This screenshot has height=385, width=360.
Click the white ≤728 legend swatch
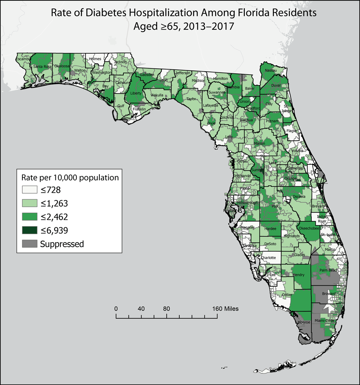coord(30,190)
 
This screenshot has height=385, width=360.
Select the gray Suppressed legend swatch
coord(30,244)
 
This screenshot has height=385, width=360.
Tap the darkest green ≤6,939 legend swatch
coord(30,230)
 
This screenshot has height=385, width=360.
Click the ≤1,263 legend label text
coord(54,203)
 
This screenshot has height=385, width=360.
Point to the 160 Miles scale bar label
coord(225,308)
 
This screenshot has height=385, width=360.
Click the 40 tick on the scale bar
coord(141,308)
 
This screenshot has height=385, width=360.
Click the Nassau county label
coord(270,71)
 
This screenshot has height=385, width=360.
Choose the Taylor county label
coord(191,99)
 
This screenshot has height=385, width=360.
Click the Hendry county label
coord(299,275)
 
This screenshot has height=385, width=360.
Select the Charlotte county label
coord(268,258)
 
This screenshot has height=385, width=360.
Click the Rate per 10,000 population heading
coord(70,178)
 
